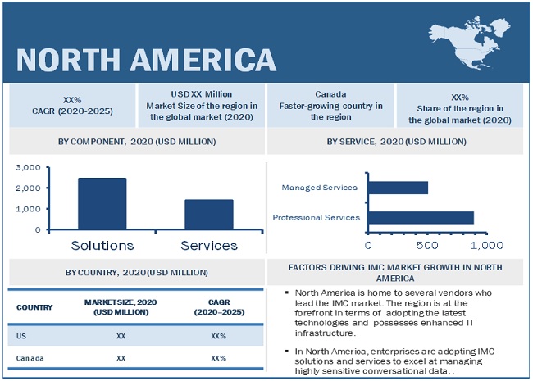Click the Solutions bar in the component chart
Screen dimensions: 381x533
point(102,204)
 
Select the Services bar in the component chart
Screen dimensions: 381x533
point(208,215)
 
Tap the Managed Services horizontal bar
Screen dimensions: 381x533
point(398,188)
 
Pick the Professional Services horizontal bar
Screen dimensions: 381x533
point(421,217)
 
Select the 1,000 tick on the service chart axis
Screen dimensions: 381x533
point(491,244)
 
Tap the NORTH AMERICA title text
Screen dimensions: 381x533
point(146,59)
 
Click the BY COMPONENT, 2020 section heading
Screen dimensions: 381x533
point(137,142)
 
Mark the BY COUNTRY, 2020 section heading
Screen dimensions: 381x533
point(137,271)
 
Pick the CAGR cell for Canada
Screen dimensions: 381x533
point(218,358)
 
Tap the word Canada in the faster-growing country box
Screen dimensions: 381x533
point(330,94)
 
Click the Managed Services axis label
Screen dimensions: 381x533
point(319,188)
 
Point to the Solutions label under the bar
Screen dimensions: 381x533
point(102,245)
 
